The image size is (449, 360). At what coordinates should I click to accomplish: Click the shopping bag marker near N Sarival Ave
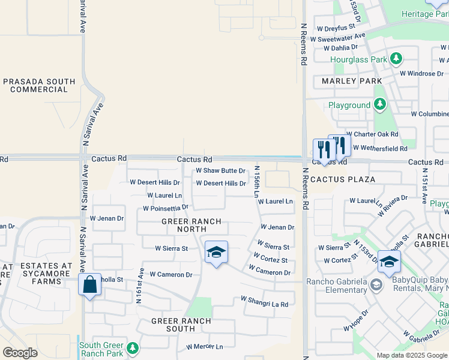89,284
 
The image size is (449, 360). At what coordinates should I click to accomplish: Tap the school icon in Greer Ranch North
216,252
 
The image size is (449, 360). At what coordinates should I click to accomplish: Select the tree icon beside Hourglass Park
396,59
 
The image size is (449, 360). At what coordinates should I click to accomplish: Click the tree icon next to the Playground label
379,105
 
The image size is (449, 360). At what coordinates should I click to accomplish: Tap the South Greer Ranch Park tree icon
133,348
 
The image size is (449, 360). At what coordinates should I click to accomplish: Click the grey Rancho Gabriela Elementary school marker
376,285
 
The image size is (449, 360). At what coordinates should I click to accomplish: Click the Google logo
20,353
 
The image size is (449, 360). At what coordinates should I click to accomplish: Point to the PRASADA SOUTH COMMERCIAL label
39,86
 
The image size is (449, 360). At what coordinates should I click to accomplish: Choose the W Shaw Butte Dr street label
221,170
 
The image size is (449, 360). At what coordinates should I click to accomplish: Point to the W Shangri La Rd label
264,301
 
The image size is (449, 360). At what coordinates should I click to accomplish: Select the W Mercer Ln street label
204,347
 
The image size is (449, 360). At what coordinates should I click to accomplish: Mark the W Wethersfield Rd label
380,148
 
